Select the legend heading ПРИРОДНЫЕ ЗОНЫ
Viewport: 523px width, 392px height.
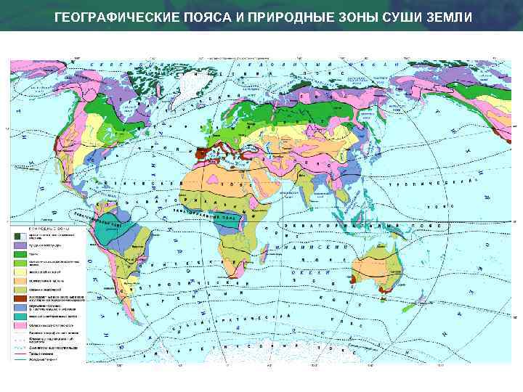[47, 229]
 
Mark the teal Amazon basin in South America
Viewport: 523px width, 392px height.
[116, 231]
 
